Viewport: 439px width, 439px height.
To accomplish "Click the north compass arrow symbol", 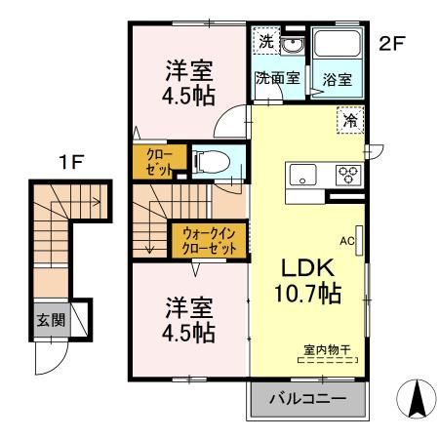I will pyautogui.click(x=413, y=399).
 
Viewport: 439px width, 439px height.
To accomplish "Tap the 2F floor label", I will pyautogui.click(x=392, y=43).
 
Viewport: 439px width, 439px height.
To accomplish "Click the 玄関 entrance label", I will pyautogui.click(x=51, y=320).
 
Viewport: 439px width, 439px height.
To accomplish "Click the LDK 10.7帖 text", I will pyautogui.click(x=310, y=279).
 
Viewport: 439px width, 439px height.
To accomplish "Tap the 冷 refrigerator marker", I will pyautogui.click(x=348, y=121).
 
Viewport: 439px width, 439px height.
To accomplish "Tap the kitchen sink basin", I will pyautogui.click(x=301, y=177).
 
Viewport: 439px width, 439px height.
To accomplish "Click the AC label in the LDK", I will pyautogui.click(x=345, y=237).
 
